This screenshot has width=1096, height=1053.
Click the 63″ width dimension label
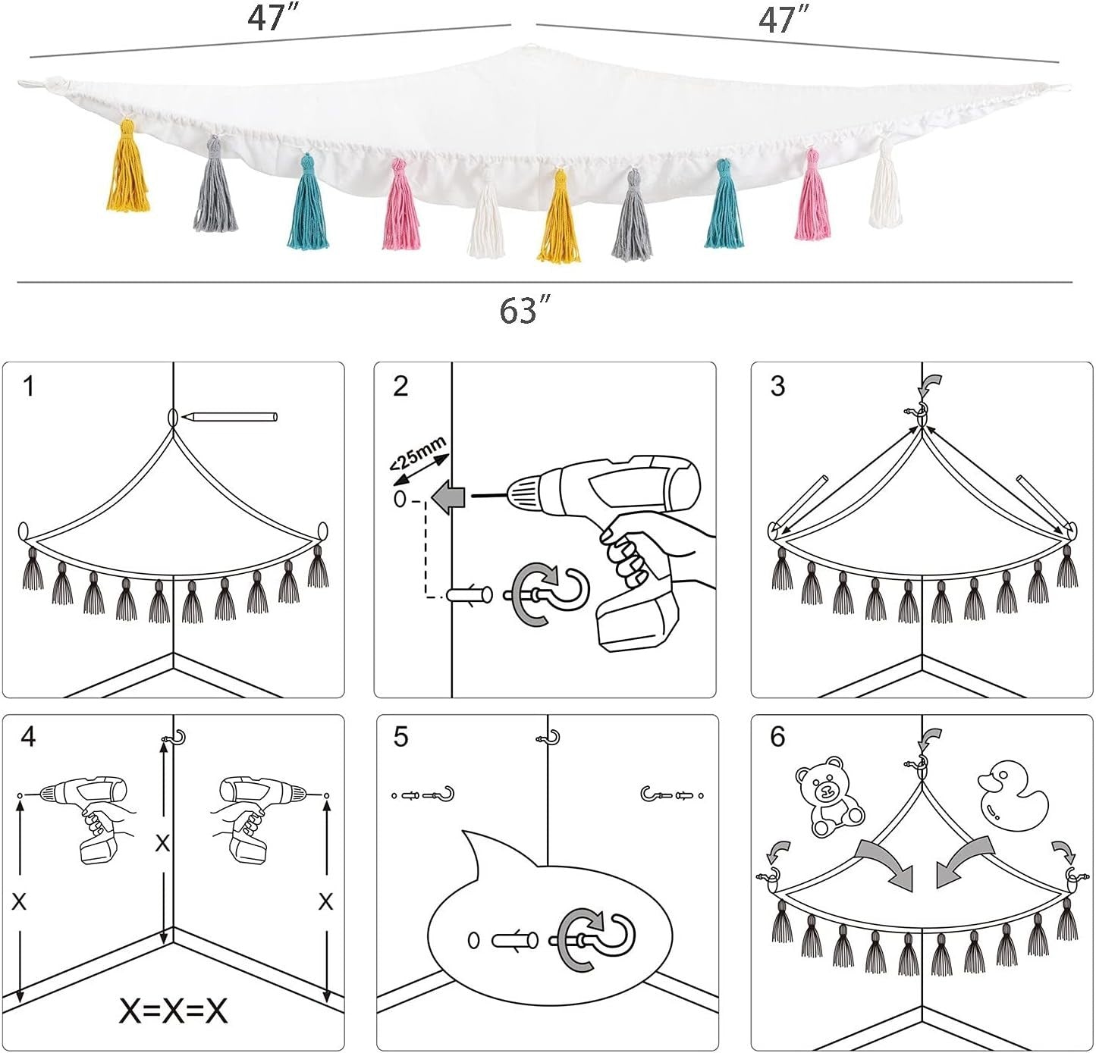tap(525, 309)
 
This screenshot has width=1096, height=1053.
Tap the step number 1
tap(29, 387)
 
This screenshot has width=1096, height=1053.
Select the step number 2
tap(400, 387)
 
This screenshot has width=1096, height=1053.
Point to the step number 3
tap(777, 387)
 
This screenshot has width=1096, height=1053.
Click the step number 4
tap(28, 737)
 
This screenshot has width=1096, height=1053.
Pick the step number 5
tap(400, 737)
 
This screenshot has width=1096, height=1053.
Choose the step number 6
tap(777, 737)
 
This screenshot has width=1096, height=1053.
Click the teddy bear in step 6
tap(828, 796)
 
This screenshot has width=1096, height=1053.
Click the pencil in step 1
tap(231, 417)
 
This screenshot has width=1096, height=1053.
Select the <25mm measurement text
tap(418, 453)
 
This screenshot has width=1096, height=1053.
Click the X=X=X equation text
tap(173, 1011)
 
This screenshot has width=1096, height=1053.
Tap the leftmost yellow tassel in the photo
tap(128, 167)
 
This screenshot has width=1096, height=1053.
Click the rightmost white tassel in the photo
tap(885, 184)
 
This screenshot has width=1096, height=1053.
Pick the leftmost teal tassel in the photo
tap(307, 202)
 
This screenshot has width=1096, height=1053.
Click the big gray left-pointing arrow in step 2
tap(448, 497)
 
